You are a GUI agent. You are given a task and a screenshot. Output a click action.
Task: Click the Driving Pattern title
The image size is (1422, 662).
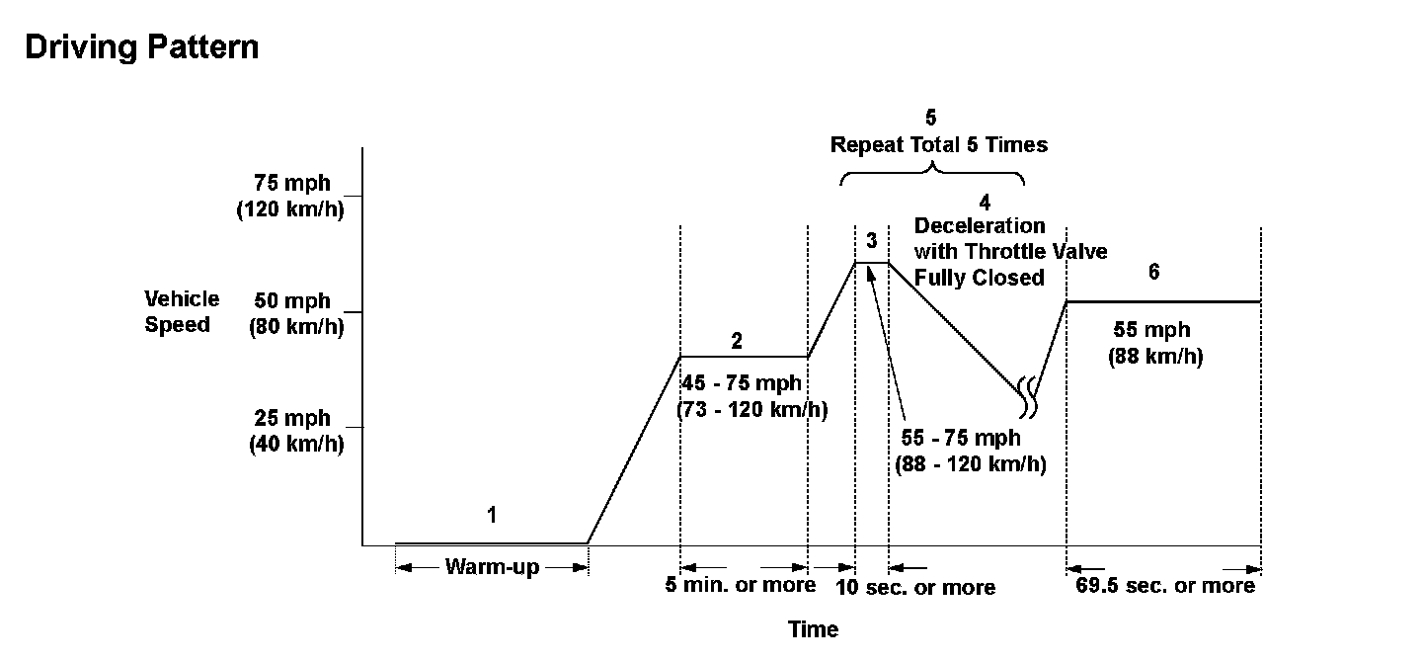pyautogui.click(x=141, y=47)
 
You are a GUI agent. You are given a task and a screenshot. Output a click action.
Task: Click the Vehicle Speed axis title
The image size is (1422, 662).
pyautogui.click(x=182, y=311)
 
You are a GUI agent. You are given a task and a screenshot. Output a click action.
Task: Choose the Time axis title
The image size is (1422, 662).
pyautogui.click(x=814, y=629)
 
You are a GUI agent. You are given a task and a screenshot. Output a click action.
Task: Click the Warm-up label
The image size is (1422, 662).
pyautogui.click(x=492, y=567)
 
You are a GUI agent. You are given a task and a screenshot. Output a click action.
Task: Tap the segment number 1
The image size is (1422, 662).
pyautogui.click(x=492, y=515)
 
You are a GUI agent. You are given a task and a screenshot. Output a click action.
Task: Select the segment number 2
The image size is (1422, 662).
pyautogui.click(x=737, y=342)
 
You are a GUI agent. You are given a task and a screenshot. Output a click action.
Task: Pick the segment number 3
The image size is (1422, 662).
pyautogui.click(x=870, y=239)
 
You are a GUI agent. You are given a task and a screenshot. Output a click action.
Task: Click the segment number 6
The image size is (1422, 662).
pyautogui.click(x=1153, y=273)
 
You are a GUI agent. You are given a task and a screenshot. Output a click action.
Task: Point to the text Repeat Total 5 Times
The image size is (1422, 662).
pyautogui.click(x=938, y=145)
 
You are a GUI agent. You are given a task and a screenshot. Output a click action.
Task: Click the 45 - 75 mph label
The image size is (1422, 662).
pyautogui.click(x=742, y=383)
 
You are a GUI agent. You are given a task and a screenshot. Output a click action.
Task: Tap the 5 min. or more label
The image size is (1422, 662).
pyautogui.click(x=741, y=585)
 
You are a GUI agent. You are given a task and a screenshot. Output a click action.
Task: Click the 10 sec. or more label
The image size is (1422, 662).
pyautogui.click(x=915, y=588)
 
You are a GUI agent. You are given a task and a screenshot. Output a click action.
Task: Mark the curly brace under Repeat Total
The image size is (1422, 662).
pyautogui.click(x=932, y=175)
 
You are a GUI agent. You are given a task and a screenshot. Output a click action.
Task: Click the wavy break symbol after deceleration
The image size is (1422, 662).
pyautogui.click(x=1029, y=396)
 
